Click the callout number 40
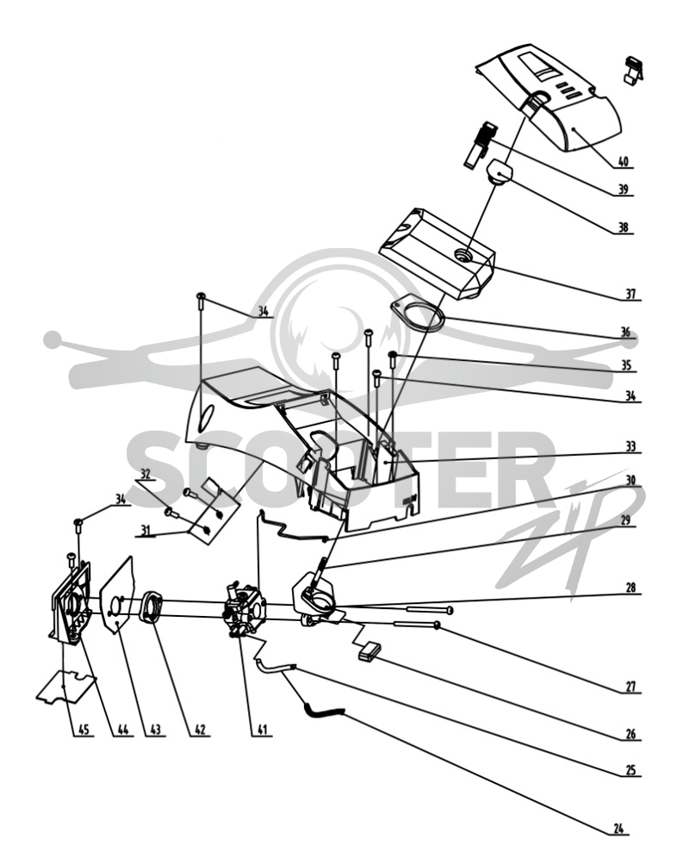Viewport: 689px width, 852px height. point(623,161)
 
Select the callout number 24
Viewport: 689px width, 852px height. point(618,829)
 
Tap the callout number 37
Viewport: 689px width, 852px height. point(630,294)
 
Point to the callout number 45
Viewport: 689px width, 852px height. point(84,729)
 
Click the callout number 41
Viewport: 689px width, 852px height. point(262,729)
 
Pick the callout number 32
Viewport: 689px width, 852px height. point(145,474)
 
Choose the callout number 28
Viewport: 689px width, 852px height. point(630,588)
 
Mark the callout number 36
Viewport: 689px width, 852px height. point(625,332)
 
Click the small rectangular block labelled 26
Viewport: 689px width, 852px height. point(370,651)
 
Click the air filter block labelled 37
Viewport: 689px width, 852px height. point(438,252)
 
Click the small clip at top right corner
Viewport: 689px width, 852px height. point(634,70)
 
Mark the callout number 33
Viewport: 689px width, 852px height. point(630,446)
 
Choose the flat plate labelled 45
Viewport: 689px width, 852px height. point(66,687)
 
